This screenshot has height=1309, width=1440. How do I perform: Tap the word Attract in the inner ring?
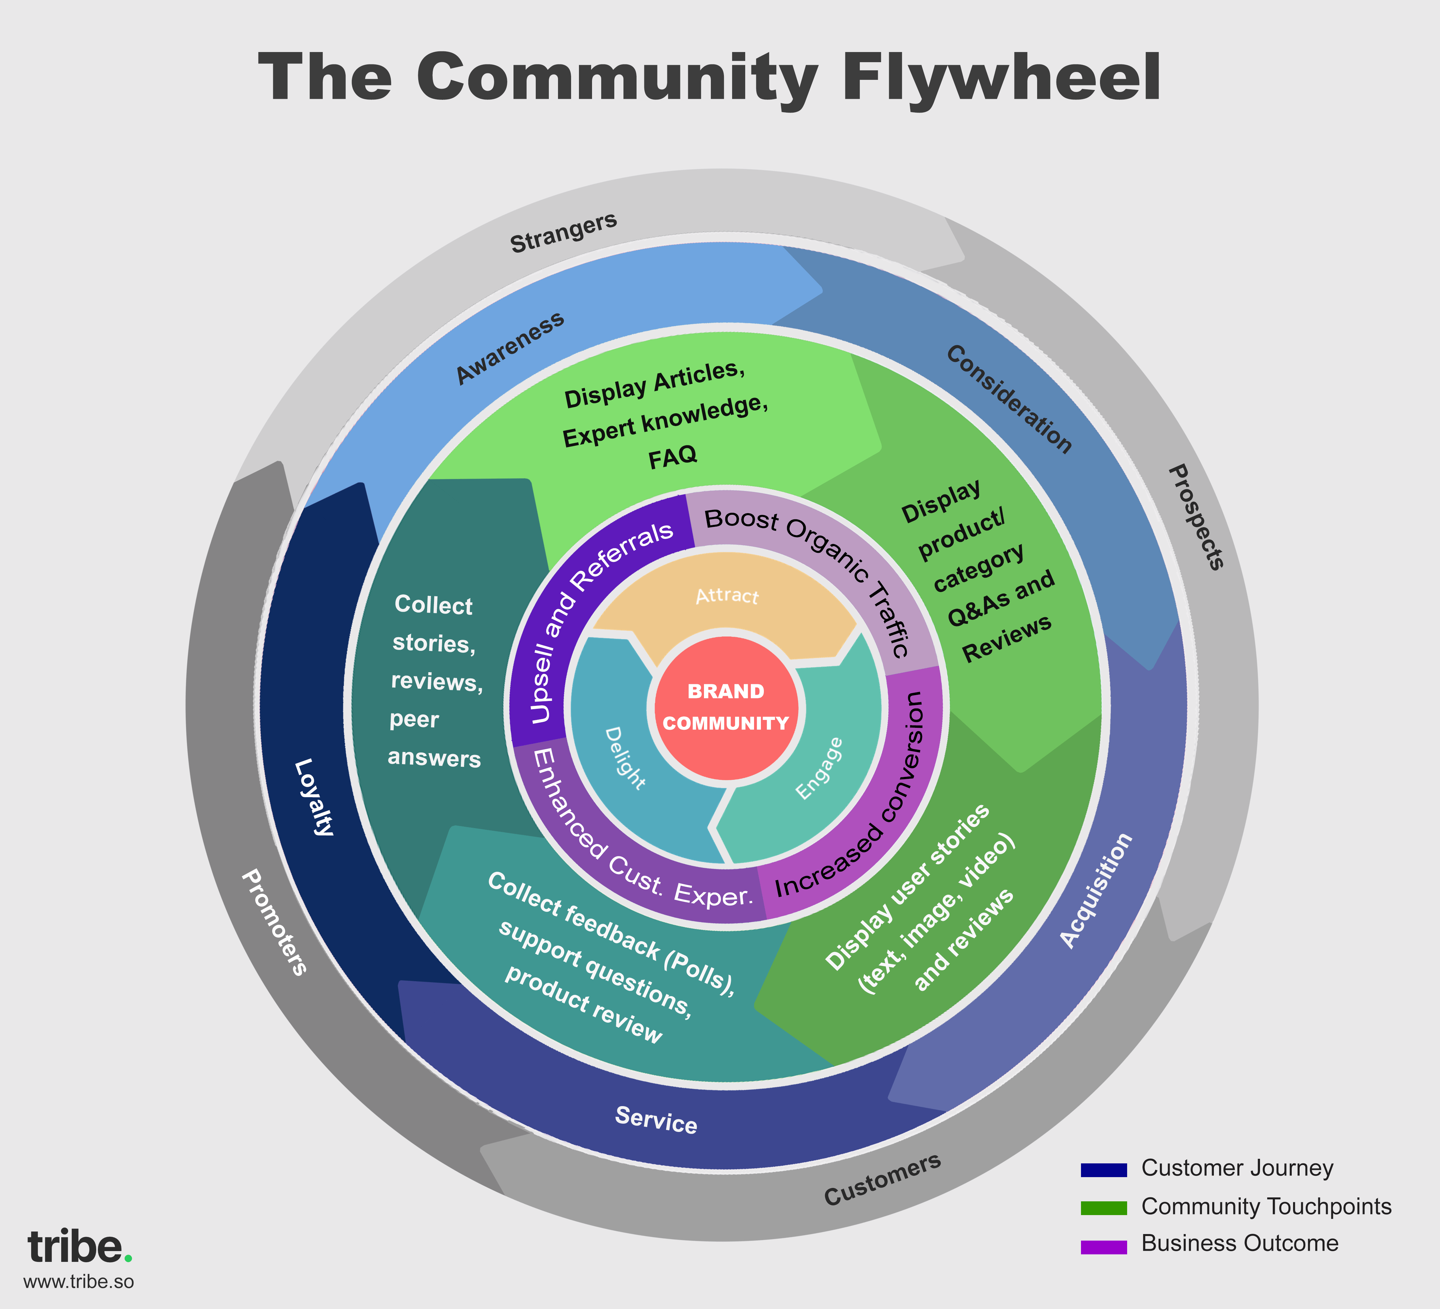pos(727,595)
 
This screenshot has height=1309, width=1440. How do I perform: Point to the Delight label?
pos(625,759)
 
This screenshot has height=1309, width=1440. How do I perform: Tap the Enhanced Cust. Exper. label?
pos(639,843)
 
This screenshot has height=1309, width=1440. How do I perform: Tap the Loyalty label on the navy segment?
pos(314,796)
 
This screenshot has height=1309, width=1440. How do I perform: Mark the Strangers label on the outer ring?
pos(563,232)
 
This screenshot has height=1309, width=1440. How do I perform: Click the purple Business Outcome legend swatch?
pos(1104,1246)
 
